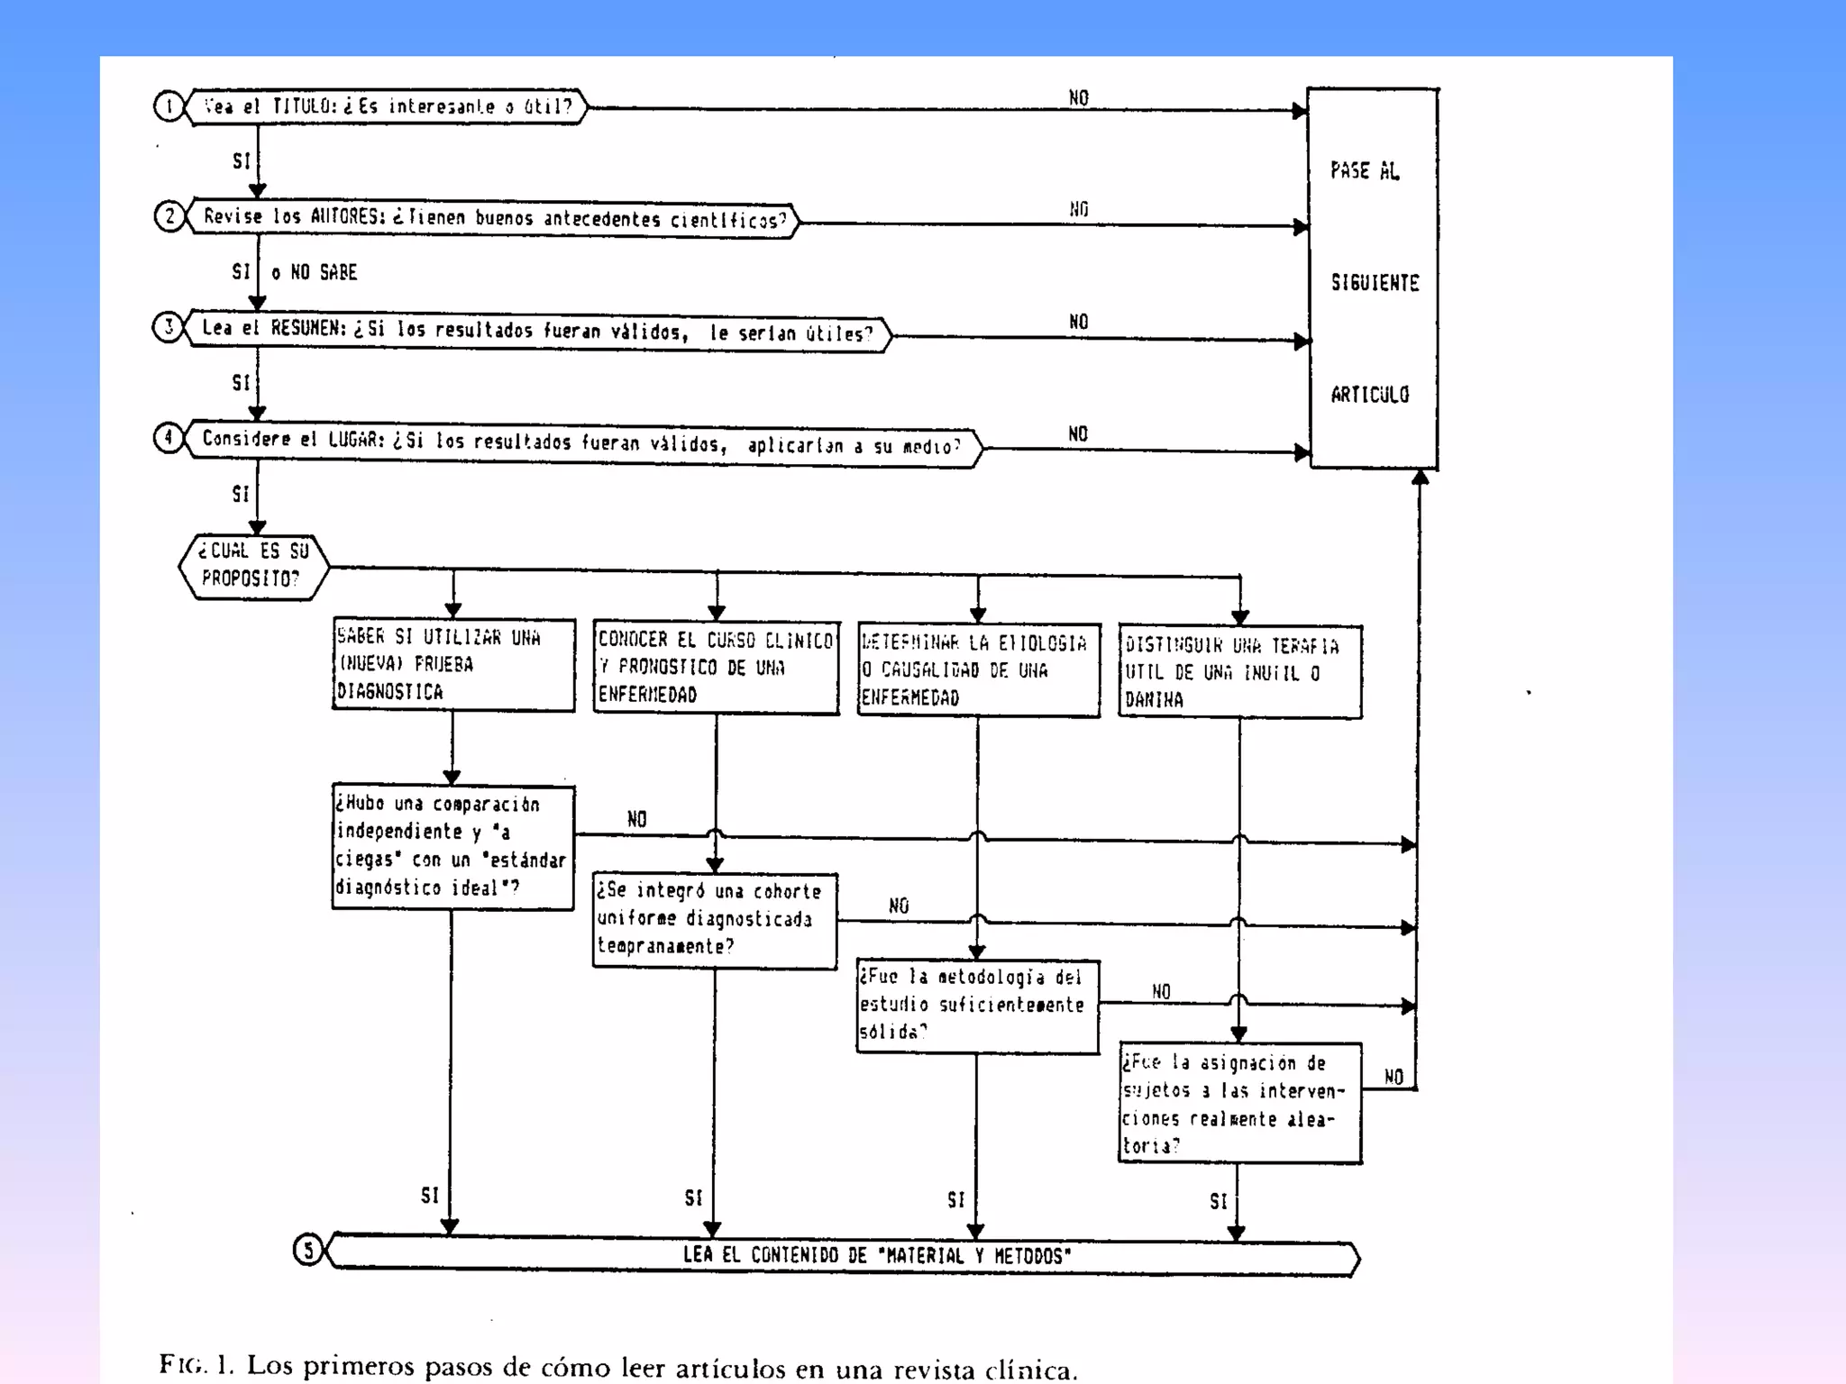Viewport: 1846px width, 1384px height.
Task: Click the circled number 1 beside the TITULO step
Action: click(x=169, y=106)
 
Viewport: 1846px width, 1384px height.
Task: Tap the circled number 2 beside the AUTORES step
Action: click(x=169, y=216)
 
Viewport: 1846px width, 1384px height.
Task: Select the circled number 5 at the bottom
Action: click(x=308, y=1251)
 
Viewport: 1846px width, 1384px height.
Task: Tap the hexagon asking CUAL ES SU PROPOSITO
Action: click(x=253, y=566)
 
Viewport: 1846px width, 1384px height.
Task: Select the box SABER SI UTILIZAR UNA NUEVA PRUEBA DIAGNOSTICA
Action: click(x=453, y=665)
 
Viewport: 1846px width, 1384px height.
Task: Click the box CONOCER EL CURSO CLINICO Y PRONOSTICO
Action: click(x=716, y=668)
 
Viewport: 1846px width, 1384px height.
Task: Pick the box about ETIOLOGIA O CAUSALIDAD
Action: click(x=978, y=670)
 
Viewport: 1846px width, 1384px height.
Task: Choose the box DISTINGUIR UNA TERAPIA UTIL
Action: click(x=1239, y=672)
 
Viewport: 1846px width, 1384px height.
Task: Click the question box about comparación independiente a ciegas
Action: click(x=452, y=846)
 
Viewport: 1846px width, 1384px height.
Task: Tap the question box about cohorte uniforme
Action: click(x=714, y=920)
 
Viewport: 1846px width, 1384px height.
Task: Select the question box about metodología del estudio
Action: click(x=977, y=1006)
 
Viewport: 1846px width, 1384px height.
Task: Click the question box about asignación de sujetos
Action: click(x=1239, y=1104)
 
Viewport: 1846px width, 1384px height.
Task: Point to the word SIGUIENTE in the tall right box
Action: click(x=1375, y=283)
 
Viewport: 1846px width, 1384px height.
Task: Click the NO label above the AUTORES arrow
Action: click(x=1079, y=209)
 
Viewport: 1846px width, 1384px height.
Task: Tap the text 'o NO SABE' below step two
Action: click(x=315, y=272)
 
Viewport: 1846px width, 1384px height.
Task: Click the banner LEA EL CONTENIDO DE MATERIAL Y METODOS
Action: click(x=876, y=1255)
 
